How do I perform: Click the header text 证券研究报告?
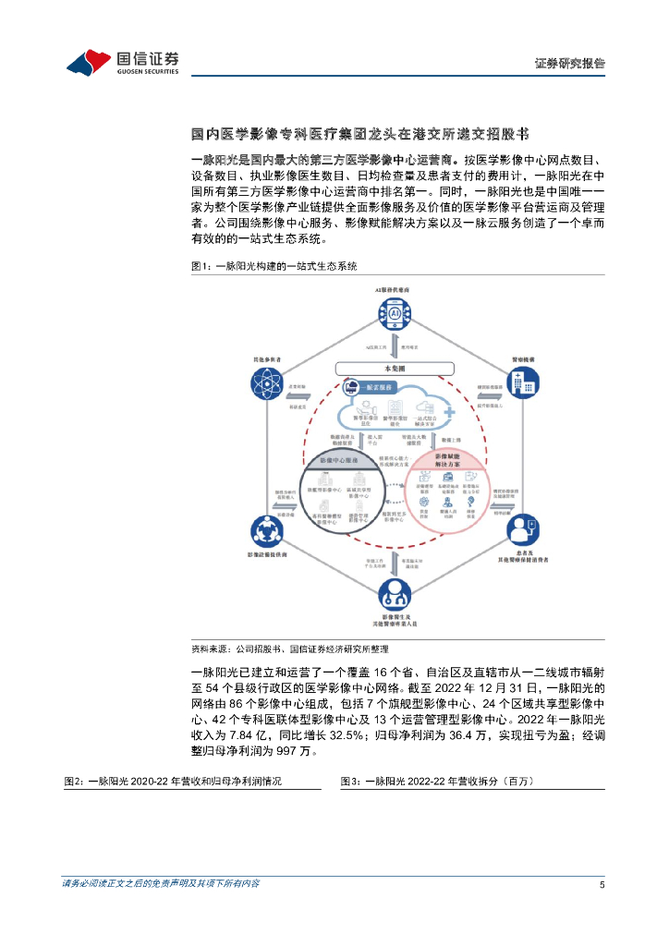pos(570,64)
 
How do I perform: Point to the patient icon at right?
pos(520,530)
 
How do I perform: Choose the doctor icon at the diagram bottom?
pos(394,591)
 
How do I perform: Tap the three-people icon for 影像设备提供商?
pos(267,531)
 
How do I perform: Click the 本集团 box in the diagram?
pos(394,368)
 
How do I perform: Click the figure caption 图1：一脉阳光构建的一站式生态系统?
pos(274,266)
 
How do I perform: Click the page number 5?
pos(602,884)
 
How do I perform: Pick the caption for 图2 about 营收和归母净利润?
pos(173,781)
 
